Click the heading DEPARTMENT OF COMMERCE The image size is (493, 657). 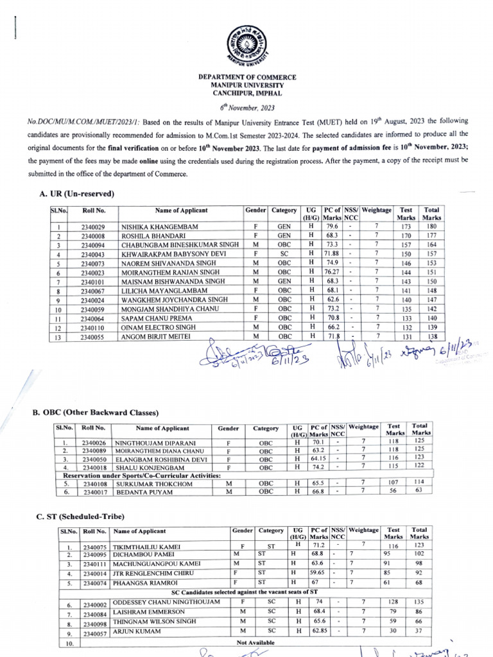[246, 77]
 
